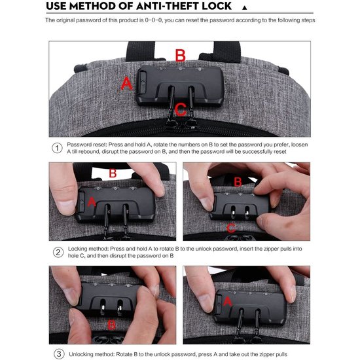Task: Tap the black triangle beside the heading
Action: [245, 8]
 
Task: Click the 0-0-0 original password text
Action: [154, 20]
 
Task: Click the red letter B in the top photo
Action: [180, 56]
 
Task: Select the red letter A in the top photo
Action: [126, 84]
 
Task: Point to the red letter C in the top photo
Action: [181, 109]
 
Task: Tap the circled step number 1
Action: [57, 148]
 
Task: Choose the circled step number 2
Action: [58, 252]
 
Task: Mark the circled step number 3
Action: [59, 354]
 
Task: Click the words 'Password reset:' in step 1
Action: [87, 145]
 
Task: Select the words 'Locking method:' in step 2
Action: [88, 249]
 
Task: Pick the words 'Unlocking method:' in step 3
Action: [92, 354]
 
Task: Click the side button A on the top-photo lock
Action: [142, 82]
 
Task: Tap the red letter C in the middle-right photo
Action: [231, 228]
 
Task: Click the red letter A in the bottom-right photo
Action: [228, 301]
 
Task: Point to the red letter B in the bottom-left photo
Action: [111, 325]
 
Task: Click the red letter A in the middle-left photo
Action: [92, 202]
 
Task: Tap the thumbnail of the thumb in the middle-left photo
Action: [66, 207]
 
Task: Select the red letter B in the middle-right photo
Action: [238, 182]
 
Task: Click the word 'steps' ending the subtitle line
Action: [308, 20]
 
